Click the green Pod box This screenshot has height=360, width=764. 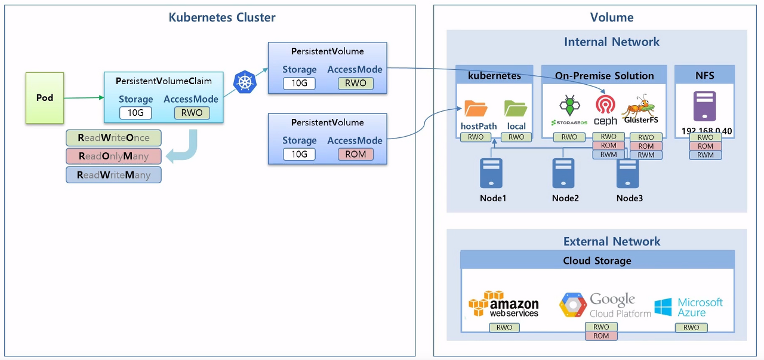pyautogui.click(x=44, y=98)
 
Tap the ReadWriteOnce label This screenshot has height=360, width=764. pyautogui.click(x=113, y=138)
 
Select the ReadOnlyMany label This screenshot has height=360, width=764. pyautogui.click(x=113, y=156)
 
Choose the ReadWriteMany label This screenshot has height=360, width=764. pyautogui.click(x=113, y=175)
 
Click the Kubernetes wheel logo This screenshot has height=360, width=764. pyautogui.click(x=244, y=82)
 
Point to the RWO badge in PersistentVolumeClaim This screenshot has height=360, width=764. pyautogui.click(x=192, y=113)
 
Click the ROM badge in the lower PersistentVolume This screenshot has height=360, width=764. pyautogui.click(x=355, y=154)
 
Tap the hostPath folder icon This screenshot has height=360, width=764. pyautogui.click(x=476, y=108)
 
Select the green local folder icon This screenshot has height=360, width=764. pyautogui.click(x=516, y=108)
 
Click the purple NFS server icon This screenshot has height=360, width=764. pyautogui.click(x=705, y=106)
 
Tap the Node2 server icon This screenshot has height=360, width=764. pyautogui.click(x=563, y=173)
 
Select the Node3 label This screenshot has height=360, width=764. pyautogui.click(x=630, y=198)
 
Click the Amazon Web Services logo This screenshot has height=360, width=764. pyautogui.click(x=504, y=304)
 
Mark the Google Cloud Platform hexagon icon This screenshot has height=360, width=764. pyautogui.click(x=573, y=305)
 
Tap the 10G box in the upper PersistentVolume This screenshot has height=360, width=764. pyautogui.click(x=299, y=83)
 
